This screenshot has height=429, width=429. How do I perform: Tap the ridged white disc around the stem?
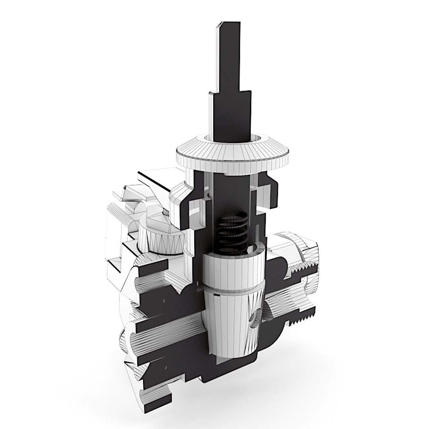pos(232,155)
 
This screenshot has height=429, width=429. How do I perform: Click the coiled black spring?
pos(232,232)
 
